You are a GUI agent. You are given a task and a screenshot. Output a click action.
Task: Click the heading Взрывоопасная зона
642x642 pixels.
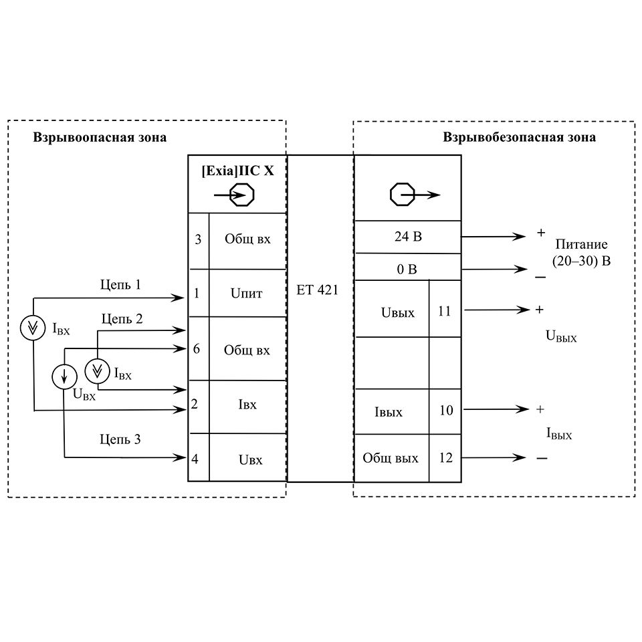click(100, 138)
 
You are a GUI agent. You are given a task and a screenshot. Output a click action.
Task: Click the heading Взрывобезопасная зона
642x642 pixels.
click(519, 138)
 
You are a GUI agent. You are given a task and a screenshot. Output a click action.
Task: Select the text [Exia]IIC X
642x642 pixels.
click(237, 171)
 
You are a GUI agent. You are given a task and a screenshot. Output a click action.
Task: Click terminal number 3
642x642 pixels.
click(198, 239)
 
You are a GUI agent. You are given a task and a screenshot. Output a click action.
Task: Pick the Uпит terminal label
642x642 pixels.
click(247, 293)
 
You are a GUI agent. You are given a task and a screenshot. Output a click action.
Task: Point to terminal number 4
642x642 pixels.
click(195, 459)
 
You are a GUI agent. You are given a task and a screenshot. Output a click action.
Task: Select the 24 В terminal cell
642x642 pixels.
click(407, 237)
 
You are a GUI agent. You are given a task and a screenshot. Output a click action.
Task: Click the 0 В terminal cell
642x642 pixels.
click(407, 270)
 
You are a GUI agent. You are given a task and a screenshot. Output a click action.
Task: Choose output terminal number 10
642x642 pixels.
click(445, 410)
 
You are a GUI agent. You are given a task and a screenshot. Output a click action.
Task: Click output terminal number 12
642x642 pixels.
click(445, 458)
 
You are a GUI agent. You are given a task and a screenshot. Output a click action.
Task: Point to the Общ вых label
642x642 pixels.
click(391, 458)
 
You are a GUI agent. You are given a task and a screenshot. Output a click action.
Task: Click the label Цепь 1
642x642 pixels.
click(120, 285)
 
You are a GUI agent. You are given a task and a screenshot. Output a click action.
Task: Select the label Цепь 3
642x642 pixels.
click(120, 439)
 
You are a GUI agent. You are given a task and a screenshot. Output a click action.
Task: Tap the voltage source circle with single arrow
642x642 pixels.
click(64, 378)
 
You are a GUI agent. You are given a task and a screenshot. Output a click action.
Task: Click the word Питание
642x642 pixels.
click(581, 244)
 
